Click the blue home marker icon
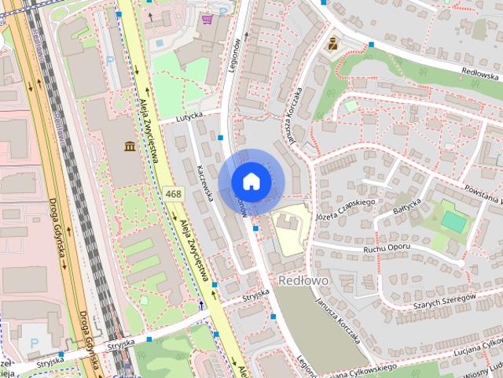251,181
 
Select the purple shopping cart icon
207,19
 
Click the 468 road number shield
174,193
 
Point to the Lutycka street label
189,115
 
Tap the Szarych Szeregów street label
440,301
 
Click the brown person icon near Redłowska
332,44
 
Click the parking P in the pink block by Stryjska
32,343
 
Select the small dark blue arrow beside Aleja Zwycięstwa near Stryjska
202,304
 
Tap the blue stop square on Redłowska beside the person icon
370,44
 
